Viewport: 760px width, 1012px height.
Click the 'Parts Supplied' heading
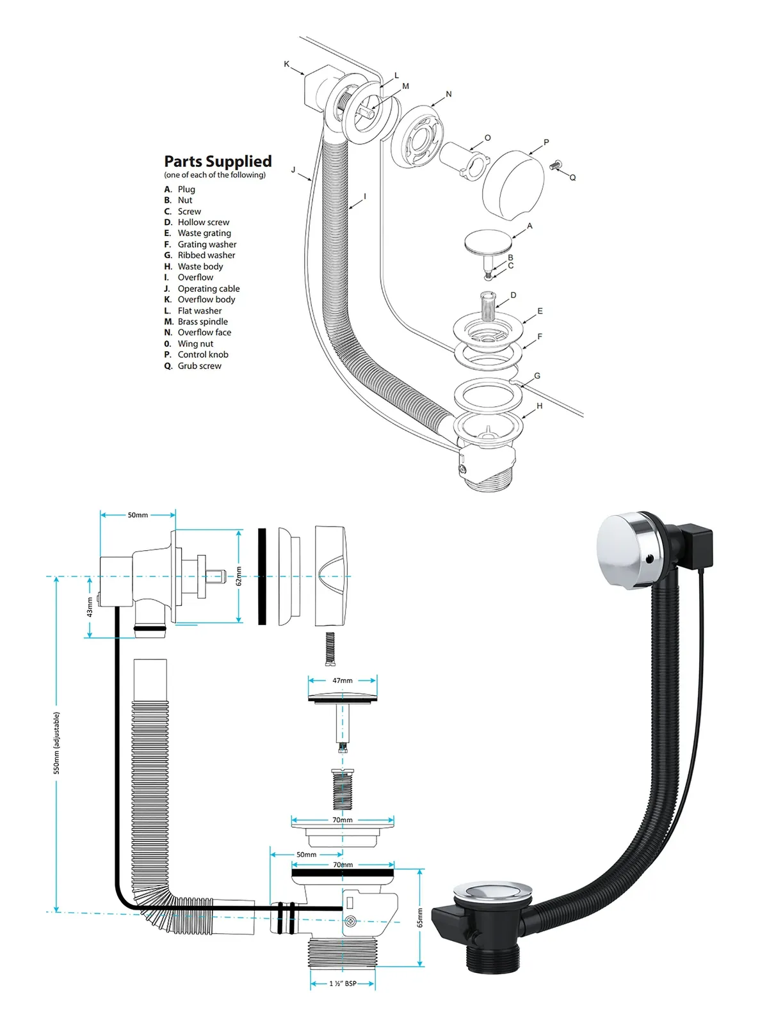click(x=218, y=161)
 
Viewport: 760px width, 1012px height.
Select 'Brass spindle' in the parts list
click(x=202, y=322)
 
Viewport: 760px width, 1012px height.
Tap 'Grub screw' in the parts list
click(x=199, y=366)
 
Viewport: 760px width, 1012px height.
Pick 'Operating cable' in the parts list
click(x=208, y=289)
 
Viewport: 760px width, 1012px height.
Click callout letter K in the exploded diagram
click(x=286, y=64)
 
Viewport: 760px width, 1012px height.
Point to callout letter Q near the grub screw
click(x=572, y=178)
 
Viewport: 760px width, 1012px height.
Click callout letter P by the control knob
click(x=546, y=142)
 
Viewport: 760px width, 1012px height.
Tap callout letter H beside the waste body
click(x=539, y=406)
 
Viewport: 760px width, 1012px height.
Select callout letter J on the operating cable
click(x=293, y=170)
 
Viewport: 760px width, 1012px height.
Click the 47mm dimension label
click(x=342, y=681)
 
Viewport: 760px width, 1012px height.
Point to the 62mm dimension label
click(x=239, y=576)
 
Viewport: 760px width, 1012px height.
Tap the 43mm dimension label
click(x=90, y=607)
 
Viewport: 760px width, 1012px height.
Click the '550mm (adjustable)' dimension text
click(x=57, y=743)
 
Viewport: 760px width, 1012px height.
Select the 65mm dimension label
click(x=420, y=917)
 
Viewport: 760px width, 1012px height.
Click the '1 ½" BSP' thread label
click(x=343, y=983)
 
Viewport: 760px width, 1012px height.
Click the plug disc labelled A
click(x=488, y=242)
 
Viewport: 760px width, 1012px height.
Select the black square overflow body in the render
click(x=694, y=544)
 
